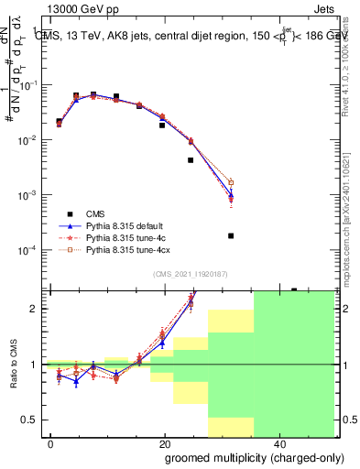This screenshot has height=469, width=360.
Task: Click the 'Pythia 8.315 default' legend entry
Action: pos(128,224)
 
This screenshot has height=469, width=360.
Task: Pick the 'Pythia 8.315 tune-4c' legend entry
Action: pos(128,236)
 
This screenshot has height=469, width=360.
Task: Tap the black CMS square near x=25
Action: pos(191,160)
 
